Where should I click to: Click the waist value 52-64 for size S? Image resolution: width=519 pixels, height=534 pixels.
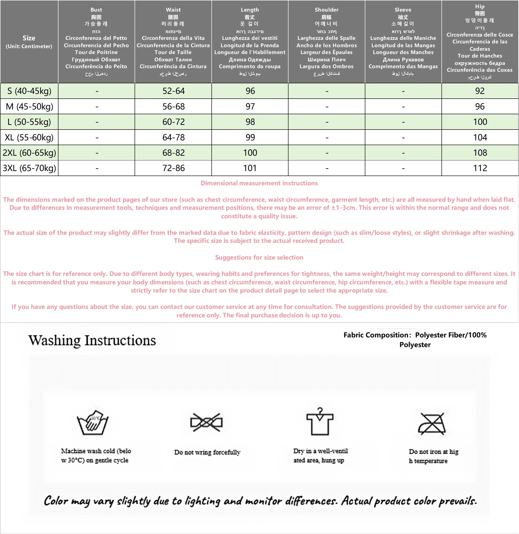173,91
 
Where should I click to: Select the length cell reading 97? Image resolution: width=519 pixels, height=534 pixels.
250,106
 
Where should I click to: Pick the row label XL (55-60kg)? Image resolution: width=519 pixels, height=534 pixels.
29,137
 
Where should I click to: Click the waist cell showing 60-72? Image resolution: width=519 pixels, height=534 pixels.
173,122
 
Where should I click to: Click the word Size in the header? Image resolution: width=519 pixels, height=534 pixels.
29,38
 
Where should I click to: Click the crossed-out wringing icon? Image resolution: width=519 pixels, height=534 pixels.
206,423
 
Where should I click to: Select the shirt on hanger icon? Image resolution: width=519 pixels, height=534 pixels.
320,422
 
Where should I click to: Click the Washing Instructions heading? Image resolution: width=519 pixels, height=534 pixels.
92,340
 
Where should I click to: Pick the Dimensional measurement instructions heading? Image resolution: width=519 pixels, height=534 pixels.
259,183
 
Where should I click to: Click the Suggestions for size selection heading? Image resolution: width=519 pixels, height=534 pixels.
259,257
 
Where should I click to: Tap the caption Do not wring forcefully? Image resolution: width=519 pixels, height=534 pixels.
207,452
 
